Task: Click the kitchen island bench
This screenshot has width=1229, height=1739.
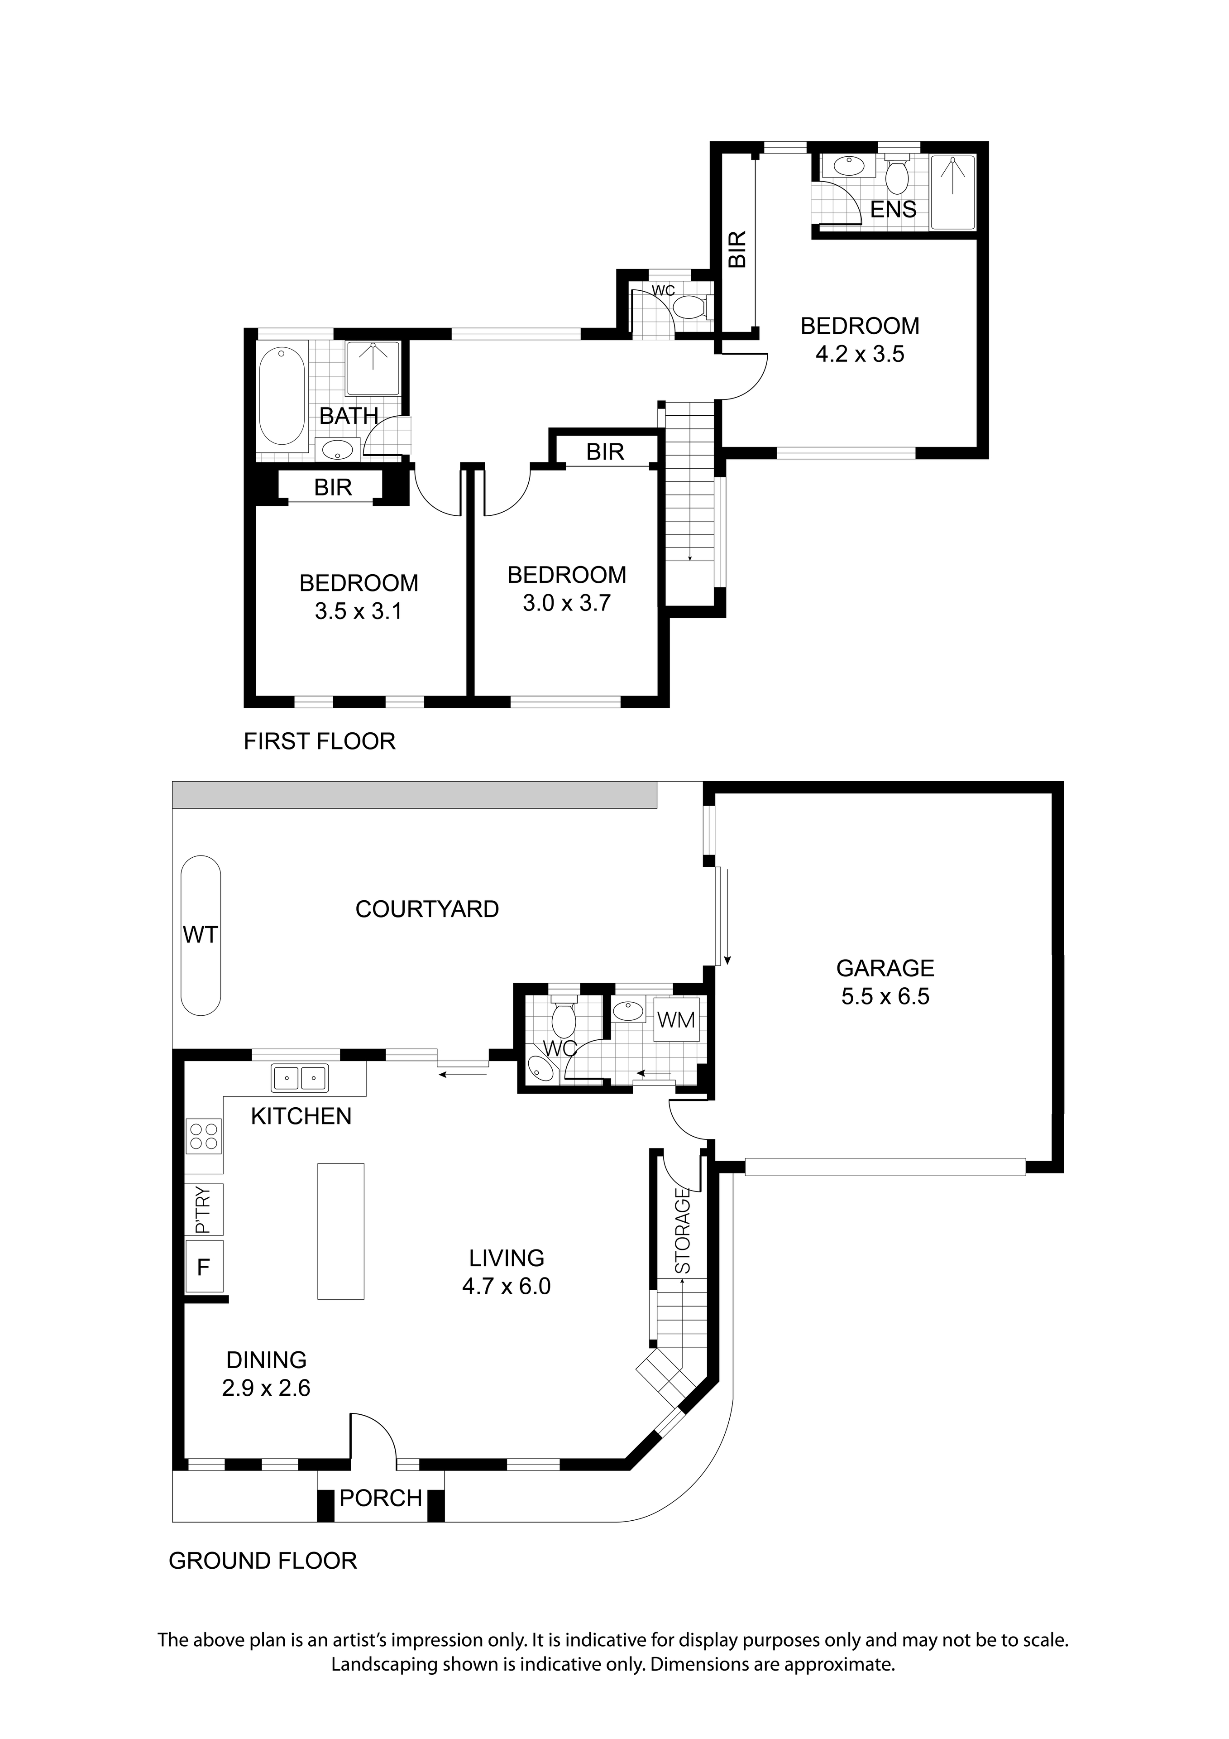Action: [341, 1231]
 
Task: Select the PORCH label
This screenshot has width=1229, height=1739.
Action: [380, 1498]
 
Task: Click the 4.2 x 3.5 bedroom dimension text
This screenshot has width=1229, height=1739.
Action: [860, 354]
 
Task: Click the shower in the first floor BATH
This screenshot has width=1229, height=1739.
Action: [373, 368]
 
